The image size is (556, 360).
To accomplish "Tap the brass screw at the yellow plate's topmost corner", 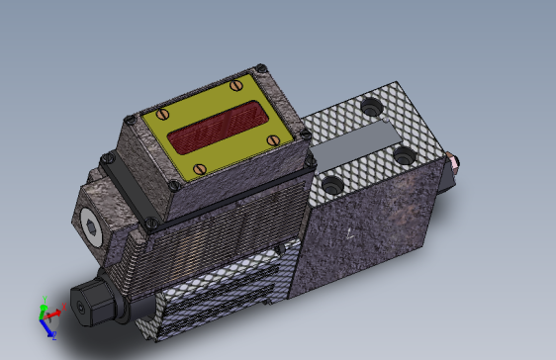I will (236, 85).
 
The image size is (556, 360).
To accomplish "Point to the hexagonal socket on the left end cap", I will (92, 230).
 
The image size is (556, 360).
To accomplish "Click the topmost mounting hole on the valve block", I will (371, 104).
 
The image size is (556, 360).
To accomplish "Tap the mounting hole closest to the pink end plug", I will (403, 154).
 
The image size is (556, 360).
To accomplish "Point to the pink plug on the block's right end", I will (452, 160).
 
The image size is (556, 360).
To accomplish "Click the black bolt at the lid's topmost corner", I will (261, 68).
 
